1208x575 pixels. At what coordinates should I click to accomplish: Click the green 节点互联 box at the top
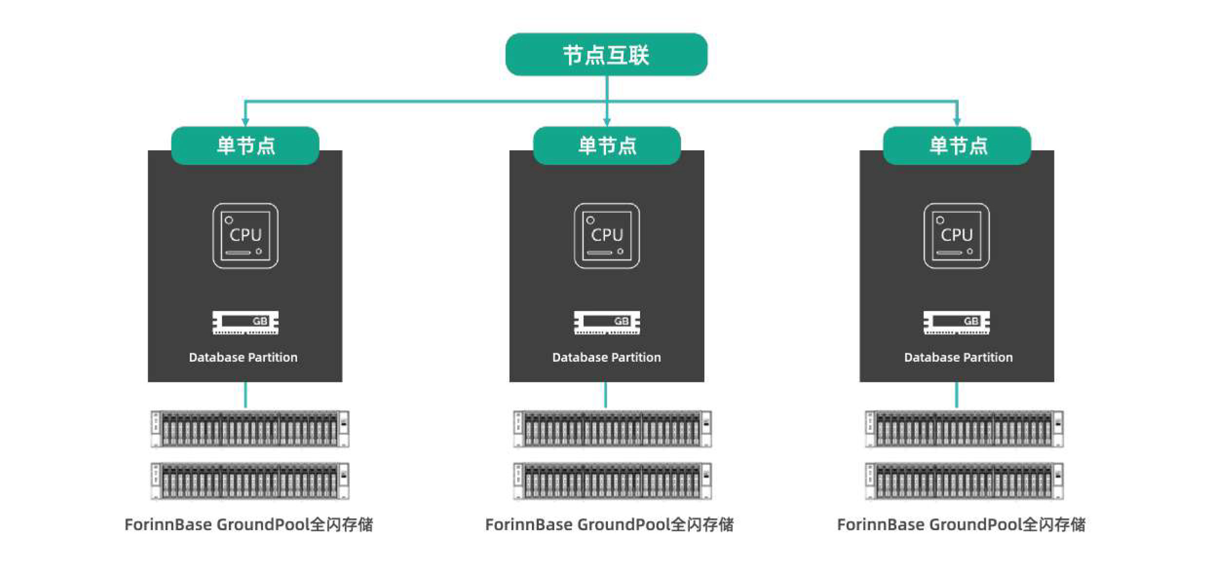point(606,55)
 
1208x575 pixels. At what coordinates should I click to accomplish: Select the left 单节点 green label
point(245,146)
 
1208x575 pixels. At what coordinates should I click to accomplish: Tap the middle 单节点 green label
point(606,146)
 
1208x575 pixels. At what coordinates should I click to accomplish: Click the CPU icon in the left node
point(245,236)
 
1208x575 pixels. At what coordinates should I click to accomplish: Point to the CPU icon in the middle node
point(606,236)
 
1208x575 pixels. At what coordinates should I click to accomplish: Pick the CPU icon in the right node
point(956,236)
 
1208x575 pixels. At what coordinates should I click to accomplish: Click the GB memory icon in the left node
point(245,322)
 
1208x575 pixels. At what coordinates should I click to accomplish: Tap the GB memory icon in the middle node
point(606,322)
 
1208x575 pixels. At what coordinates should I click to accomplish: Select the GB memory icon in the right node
point(956,322)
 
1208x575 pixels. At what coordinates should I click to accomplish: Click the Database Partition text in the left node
point(243,357)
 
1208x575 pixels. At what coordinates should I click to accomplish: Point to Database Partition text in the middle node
point(606,357)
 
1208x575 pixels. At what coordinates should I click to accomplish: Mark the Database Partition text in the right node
point(958,357)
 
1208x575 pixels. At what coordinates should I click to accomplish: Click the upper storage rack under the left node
point(250,429)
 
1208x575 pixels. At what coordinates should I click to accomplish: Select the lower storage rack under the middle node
point(612,481)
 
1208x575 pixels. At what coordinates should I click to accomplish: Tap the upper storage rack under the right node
point(964,429)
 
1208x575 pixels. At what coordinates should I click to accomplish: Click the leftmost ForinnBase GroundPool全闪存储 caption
point(249,524)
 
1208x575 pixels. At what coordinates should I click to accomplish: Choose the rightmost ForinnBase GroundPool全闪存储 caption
point(961,524)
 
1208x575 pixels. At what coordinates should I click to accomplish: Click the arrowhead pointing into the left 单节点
point(245,121)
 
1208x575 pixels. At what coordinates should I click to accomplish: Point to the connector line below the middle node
point(605,395)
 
